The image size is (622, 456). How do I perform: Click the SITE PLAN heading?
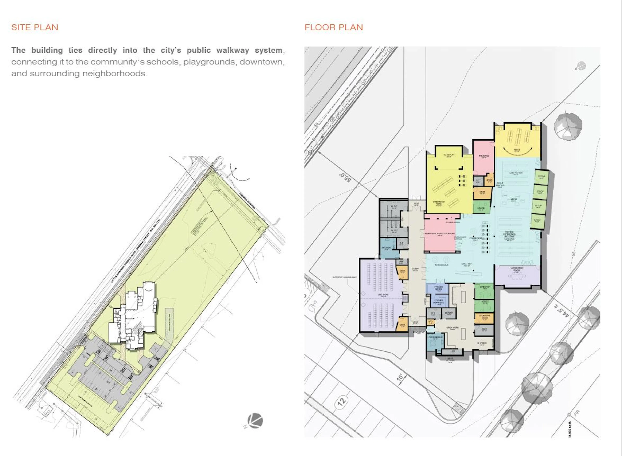(35, 27)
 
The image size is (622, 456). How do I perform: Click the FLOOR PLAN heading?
(334, 27)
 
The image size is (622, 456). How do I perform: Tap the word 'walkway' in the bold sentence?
(233, 50)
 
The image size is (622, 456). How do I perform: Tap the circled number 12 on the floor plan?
(342, 401)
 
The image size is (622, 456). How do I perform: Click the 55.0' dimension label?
(345, 177)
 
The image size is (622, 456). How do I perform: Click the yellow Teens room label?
(517, 150)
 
